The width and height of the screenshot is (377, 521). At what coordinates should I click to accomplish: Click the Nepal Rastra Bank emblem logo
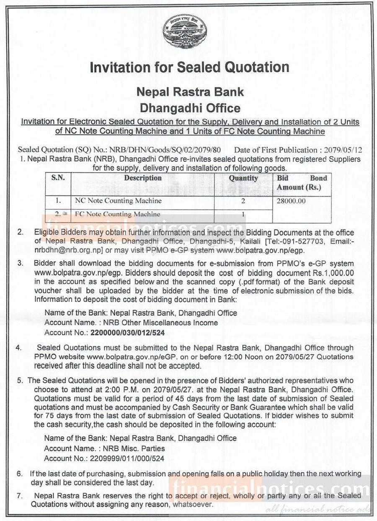(x=185, y=31)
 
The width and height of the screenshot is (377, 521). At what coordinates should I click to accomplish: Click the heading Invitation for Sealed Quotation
(x=189, y=68)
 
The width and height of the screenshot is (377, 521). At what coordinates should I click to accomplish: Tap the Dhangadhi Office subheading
(x=190, y=108)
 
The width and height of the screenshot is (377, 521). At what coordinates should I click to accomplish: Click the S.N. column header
(x=58, y=178)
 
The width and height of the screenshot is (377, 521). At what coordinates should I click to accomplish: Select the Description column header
(x=143, y=178)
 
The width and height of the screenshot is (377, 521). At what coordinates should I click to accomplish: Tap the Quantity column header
(x=243, y=178)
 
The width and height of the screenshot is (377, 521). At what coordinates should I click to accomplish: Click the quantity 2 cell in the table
(x=243, y=201)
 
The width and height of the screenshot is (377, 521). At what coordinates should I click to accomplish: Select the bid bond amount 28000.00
(x=291, y=201)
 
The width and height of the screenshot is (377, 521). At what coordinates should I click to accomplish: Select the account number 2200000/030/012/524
(x=127, y=333)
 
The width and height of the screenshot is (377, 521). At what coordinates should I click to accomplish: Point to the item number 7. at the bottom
(x=20, y=495)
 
